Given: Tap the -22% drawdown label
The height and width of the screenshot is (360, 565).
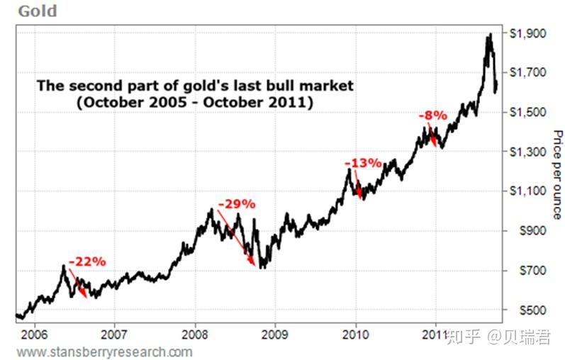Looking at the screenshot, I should [87, 261].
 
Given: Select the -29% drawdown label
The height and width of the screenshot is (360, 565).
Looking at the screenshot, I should [236, 204].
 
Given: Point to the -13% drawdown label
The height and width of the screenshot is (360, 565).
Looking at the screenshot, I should [363, 163].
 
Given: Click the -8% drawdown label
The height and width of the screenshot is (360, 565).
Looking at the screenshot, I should [432, 115].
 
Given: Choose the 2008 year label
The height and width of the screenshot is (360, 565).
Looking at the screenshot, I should [195, 333].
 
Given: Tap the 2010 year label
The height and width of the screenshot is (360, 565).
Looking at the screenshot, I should [357, 333].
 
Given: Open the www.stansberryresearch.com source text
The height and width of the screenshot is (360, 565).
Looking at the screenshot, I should [104, 351].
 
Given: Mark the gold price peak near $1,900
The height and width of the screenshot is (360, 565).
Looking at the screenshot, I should [488, 35].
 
